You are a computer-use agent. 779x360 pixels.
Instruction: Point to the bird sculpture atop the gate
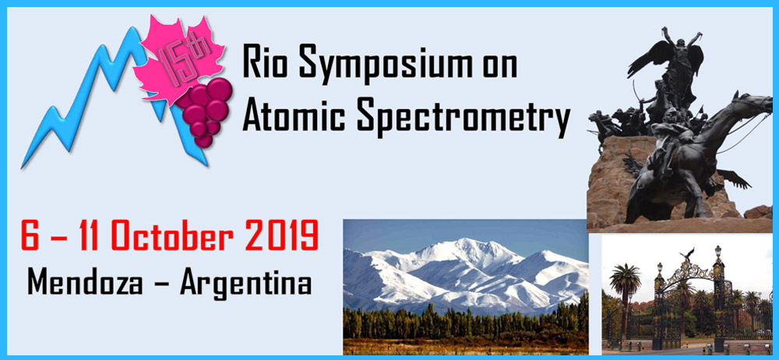pyautogui.click(x=687, y=253)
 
